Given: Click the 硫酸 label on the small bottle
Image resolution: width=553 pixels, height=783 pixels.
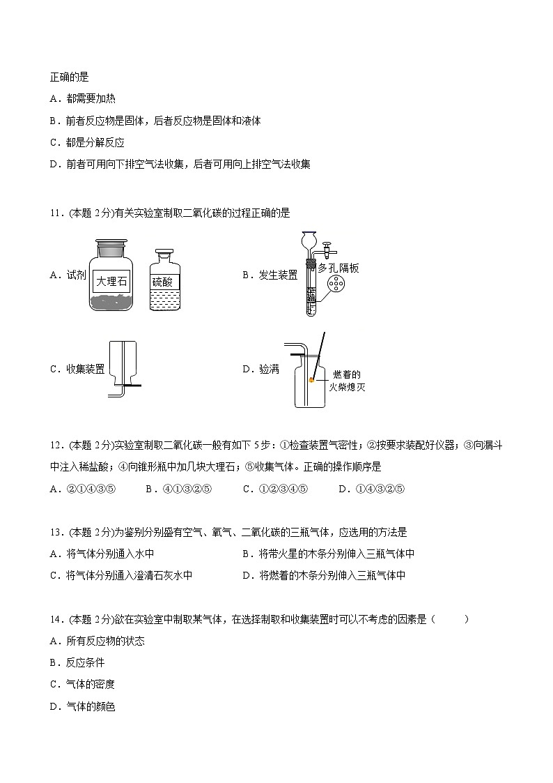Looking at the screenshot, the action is click(166, 282).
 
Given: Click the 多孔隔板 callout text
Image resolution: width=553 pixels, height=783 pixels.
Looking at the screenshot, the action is click(338, 268).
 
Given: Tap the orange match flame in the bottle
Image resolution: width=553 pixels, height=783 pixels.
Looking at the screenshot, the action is click(312, 380).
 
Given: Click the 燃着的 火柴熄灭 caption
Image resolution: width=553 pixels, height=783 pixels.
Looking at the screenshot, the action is click(347, 381).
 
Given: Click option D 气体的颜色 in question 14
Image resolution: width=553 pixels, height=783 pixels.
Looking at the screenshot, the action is click(89, 706).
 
